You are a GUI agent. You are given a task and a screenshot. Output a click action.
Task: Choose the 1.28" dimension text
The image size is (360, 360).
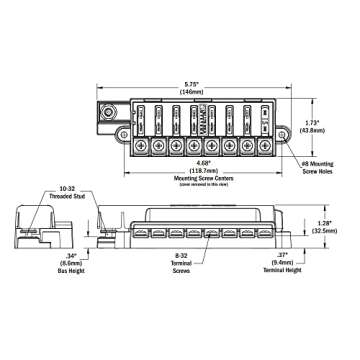point(324,223)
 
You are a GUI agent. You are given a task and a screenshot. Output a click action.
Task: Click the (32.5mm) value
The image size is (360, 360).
point(324,231)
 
